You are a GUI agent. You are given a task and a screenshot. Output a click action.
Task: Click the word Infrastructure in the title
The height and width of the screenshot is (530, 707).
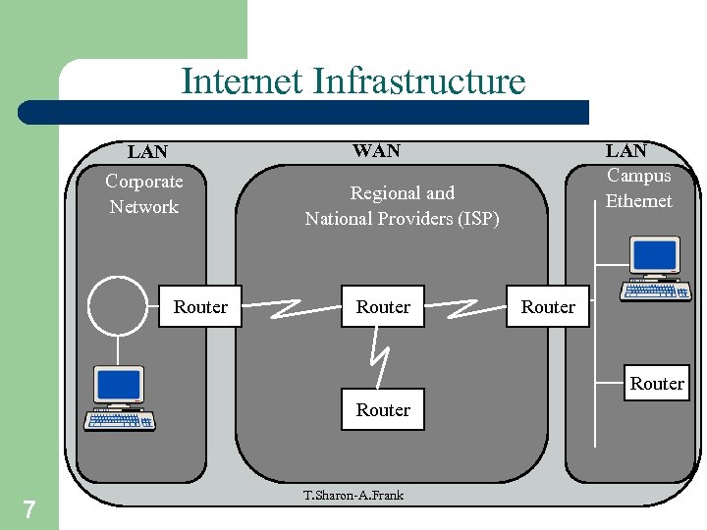[419, 81]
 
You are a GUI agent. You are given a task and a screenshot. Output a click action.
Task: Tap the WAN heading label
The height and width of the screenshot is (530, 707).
[376, 150]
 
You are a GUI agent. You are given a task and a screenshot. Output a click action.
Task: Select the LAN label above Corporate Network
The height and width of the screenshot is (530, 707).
[147, 152]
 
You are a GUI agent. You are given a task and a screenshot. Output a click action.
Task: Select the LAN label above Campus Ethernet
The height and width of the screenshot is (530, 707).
[625, 150]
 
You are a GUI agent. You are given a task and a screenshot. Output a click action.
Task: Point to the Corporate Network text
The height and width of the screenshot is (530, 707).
[144, 193]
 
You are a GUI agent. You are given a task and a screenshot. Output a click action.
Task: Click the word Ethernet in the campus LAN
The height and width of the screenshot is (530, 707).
[638, 201]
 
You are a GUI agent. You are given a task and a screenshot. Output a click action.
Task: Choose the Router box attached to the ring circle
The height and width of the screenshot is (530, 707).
[200, 307]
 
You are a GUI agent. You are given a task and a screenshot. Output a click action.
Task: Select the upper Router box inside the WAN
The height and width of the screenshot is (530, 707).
[383, 307]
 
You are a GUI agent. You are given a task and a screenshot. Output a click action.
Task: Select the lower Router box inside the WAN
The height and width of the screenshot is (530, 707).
[383, 410]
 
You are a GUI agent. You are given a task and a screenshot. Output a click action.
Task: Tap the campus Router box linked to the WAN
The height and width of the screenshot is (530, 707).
[548, 307]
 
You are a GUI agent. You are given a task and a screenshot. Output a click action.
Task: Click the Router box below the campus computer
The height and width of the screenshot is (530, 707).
[656, 383]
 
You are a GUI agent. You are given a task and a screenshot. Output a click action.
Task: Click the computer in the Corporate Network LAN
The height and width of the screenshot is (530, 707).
[119, 398]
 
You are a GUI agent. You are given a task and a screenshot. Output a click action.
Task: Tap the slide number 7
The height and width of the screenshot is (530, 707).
[29, 508]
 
